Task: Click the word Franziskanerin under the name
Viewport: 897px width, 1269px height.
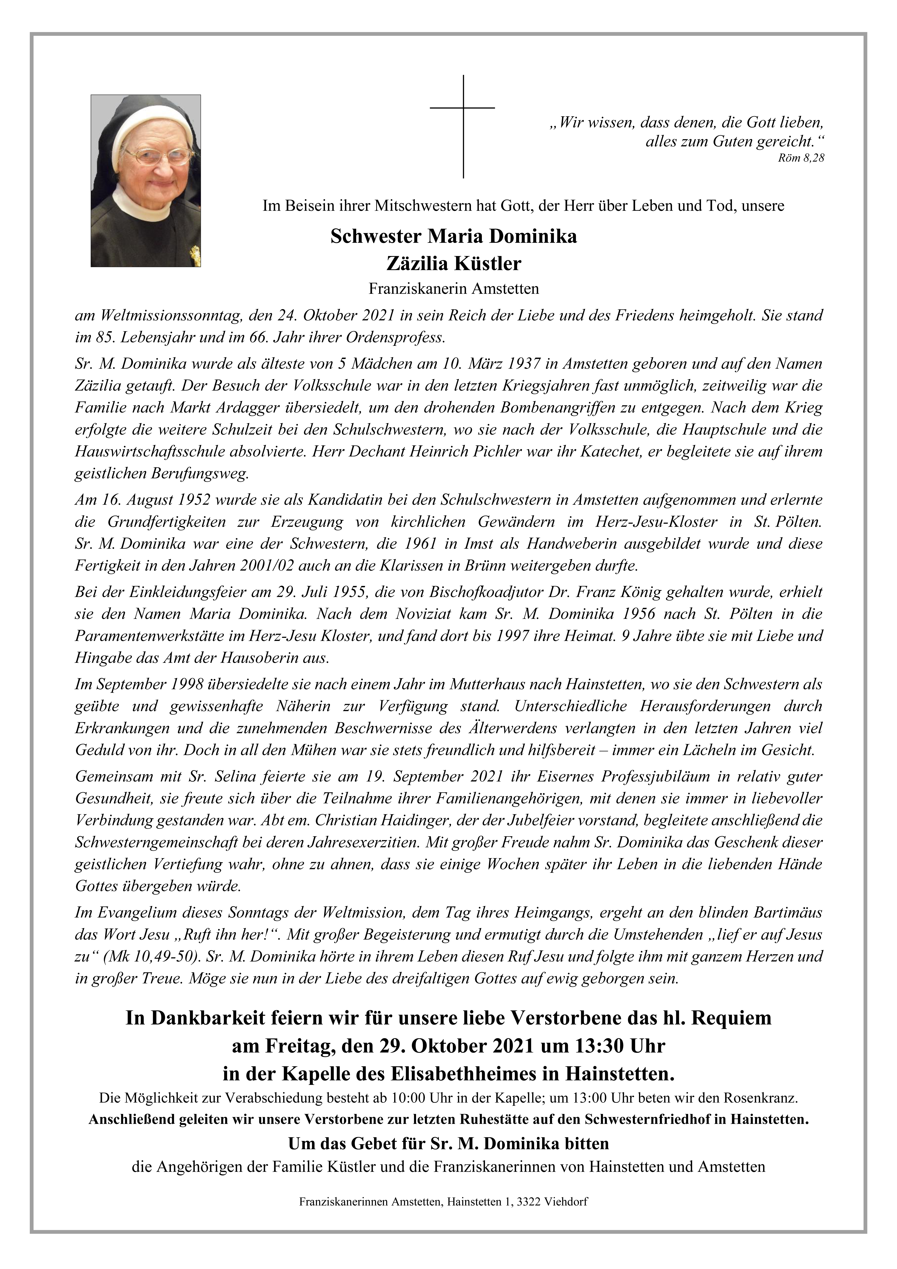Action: (410, 288)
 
